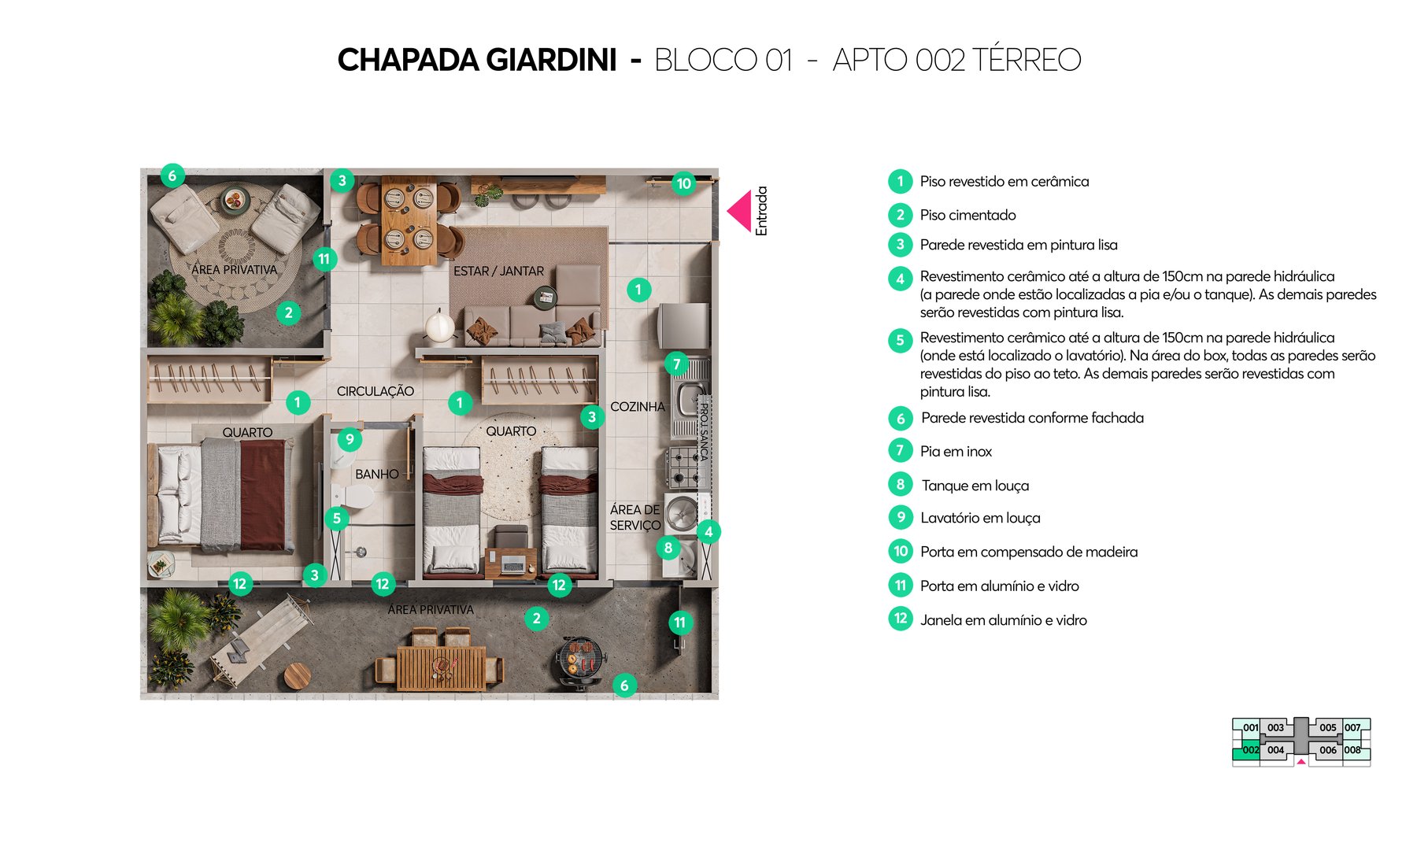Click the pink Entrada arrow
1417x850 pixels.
740,211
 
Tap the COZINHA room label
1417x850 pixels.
637,407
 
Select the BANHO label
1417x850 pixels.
376,475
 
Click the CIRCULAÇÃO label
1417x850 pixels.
375,391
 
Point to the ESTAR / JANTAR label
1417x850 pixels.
498,271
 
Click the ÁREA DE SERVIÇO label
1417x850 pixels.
635,518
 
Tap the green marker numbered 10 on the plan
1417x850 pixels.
683,183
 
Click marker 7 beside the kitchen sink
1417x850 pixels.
676,364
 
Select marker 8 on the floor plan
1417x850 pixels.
668,548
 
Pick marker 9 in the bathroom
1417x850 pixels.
350,439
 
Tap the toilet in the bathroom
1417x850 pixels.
354,497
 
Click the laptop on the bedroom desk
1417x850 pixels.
512,564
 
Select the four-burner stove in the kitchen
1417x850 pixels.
683,467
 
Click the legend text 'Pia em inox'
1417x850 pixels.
956,452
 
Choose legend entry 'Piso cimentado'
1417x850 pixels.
967,215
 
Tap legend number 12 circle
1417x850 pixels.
901,619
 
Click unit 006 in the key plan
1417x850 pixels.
1328,750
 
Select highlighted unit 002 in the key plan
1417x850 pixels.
1250,750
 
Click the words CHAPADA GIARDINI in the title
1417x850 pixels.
477,60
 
